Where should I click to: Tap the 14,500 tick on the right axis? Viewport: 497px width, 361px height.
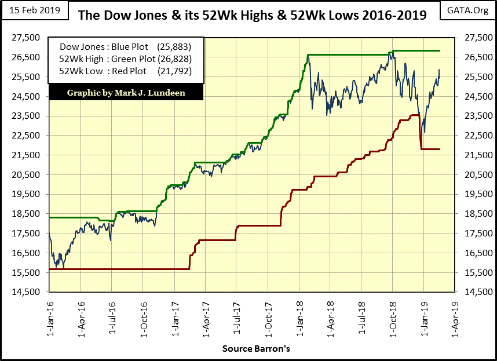point(474,293)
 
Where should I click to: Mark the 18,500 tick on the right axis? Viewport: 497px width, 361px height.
point(474,214)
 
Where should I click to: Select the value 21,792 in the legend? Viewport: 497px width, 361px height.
point(175,71)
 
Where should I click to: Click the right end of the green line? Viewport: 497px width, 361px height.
point(440,51)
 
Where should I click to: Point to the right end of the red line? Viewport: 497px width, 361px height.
point(440,149)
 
